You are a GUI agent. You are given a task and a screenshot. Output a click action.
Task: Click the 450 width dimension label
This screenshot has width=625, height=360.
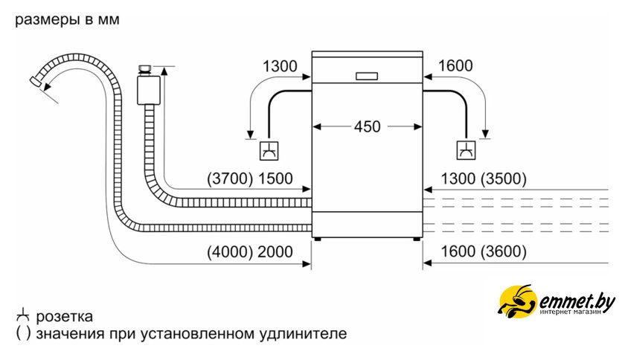tap(367, 126)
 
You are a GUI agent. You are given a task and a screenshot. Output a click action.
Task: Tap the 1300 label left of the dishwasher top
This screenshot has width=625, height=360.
tap(280, 66)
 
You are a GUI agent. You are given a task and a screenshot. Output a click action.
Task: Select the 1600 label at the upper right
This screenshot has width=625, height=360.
tap(455, 66)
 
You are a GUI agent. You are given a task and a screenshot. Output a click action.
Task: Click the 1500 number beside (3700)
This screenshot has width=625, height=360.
tap(275, 179)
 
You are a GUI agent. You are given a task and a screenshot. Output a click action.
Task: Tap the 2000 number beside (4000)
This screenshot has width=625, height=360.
tap(275, 252)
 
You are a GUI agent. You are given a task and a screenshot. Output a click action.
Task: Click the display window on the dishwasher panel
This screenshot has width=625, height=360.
tap(367, 75)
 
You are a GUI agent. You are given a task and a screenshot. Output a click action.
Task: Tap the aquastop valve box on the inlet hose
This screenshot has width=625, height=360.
tap(147, 88)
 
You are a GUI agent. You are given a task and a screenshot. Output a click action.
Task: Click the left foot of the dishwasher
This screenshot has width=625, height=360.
tap(318, 240)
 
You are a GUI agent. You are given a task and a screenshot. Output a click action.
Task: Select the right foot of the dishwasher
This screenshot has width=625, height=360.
tap(417, 240)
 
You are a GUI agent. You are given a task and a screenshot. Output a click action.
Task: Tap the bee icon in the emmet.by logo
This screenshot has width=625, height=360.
tap(516, 301)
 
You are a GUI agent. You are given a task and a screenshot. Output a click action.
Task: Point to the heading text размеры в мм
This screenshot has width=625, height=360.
tap(66, 20)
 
